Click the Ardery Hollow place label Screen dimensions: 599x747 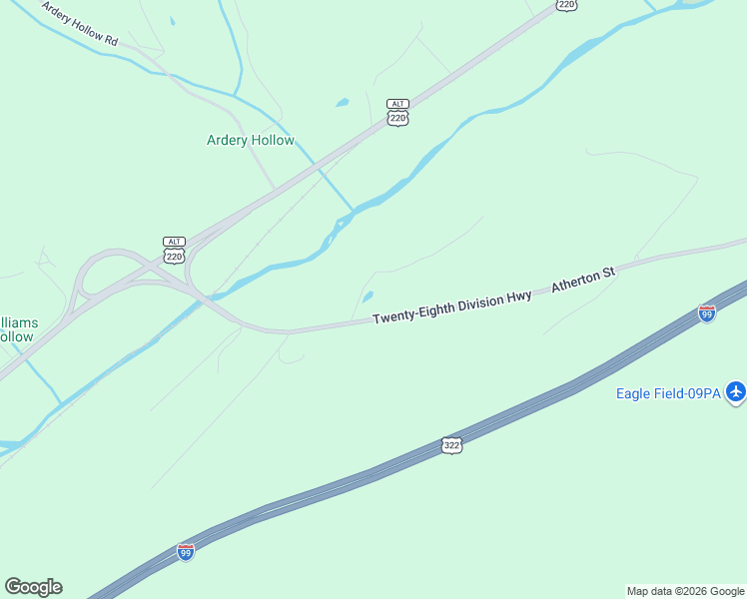[250, 141]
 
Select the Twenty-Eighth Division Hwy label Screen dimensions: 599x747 [451, 308]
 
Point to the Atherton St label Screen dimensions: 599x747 [584, 280]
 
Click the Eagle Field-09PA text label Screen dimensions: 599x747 [668, 393]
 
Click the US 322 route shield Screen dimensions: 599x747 [451, 445]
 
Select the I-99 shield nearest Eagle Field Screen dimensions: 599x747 [707, 312]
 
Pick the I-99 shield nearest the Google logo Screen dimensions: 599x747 [186, 552]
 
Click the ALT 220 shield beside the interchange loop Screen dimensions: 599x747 [175, 251]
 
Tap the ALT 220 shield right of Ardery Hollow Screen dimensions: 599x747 [398, 112]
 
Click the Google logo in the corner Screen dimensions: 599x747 [33, 587]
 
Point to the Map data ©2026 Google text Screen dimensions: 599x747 [685, 591]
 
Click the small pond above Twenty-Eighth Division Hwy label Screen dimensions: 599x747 [368, 296]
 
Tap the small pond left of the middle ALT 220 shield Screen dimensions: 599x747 [343, 102]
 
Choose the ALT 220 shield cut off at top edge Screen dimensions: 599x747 [566, 4]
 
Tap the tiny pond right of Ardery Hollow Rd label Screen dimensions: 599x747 [172, 21]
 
